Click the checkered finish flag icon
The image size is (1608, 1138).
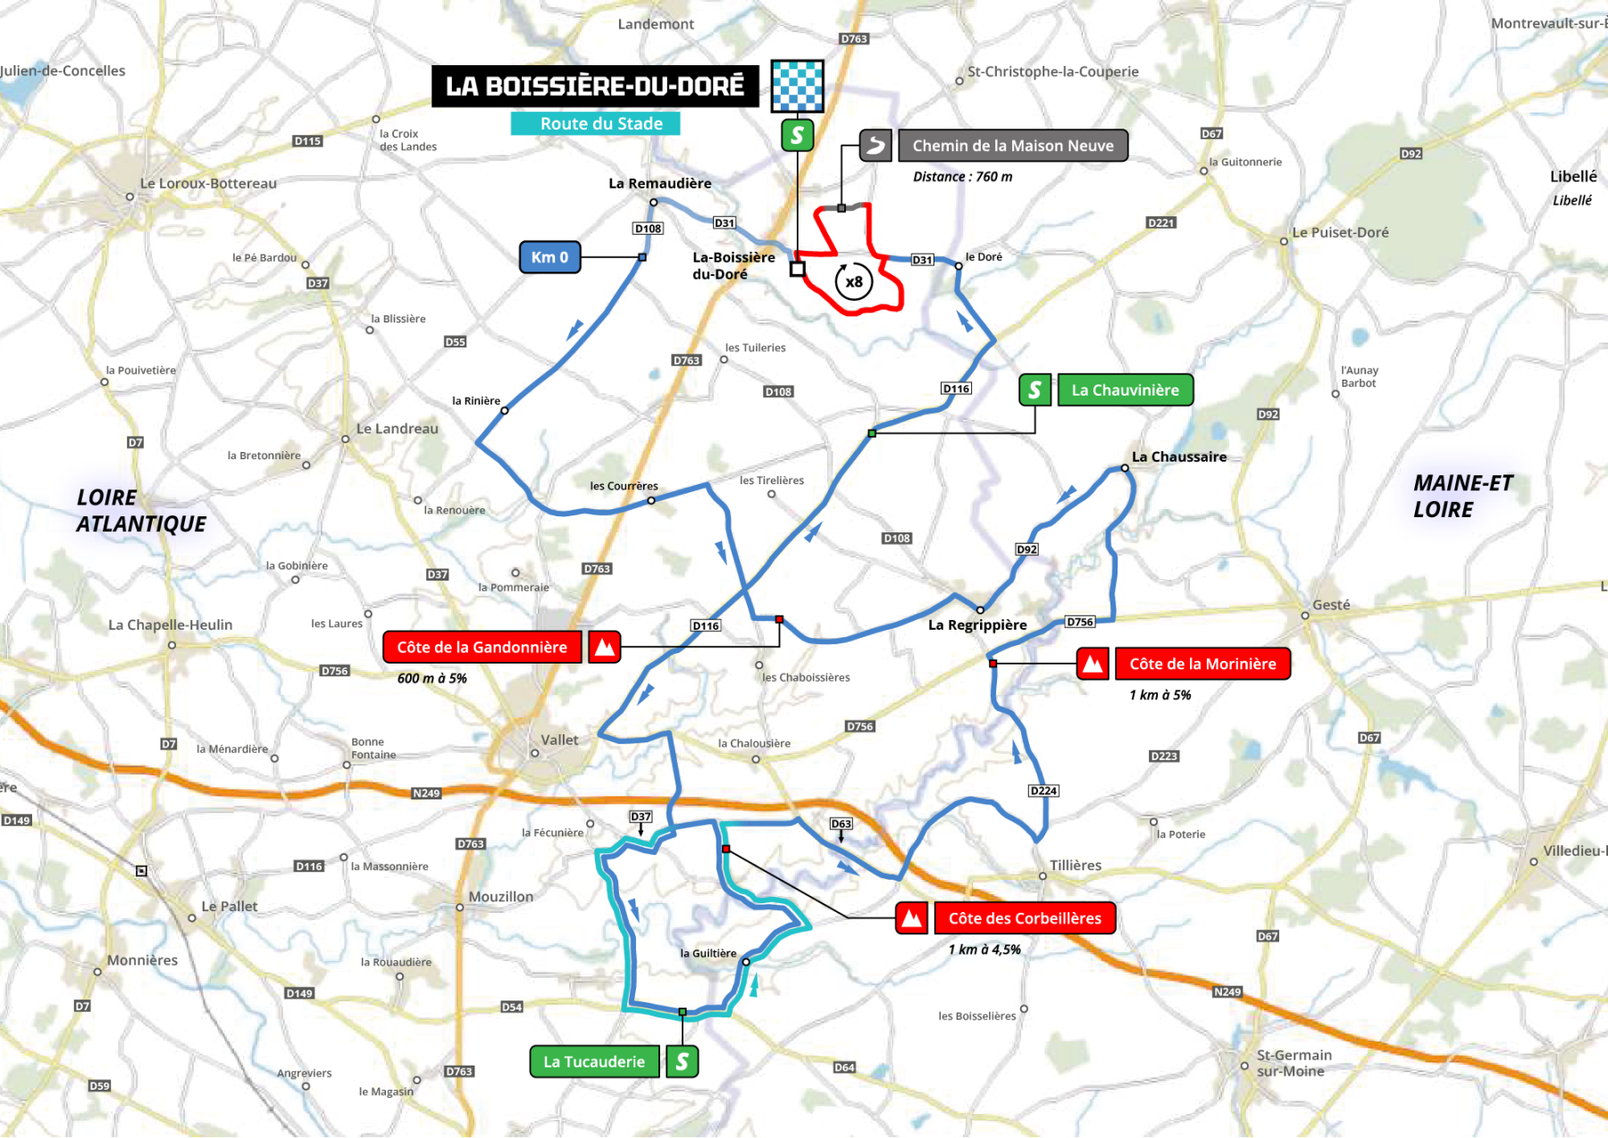coord(797,86)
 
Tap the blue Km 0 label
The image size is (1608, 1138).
coord(549,257)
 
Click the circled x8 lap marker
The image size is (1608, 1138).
coord(853,282)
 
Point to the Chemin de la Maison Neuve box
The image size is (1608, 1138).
coord(1012,146)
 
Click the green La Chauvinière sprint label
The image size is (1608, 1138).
coord(1125,390)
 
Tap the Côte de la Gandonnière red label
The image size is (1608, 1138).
coord(482,647)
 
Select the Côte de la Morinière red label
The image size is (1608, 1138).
coord(1202,664)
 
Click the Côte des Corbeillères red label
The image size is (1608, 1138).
coord(1025,918)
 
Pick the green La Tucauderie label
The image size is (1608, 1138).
coord(594,1061)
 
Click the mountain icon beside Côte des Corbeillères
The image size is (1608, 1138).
coord(911,918)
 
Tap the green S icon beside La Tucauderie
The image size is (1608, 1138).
coord(683,1061)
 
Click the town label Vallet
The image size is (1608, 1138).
coord(559,740)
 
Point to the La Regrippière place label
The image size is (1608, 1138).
coord(977,624)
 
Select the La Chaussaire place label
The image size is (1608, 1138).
coord(1178,456)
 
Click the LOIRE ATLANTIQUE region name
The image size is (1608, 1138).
coord(140,511)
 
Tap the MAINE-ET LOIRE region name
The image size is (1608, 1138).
coord(1462,497)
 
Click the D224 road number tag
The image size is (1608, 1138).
coord(1043,791)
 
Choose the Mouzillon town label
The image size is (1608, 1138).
coord(500,896)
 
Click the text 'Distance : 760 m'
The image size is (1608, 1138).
coord(962,177)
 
